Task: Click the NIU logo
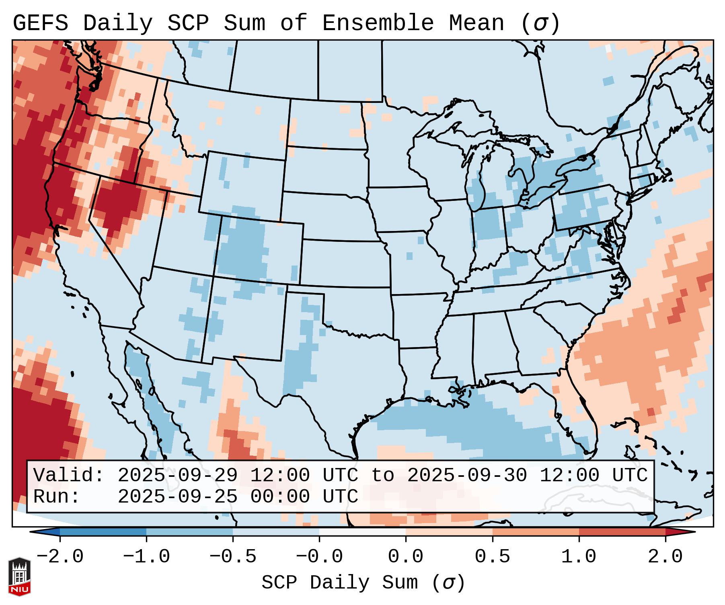[x=19, y=576]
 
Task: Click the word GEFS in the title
[x=40, y=23]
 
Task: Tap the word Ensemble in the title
[x=378, y=23]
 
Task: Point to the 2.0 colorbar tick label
[x=665, y=557]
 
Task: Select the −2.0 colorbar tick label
[x=60, y=557]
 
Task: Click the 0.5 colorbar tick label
[x=492, y=557]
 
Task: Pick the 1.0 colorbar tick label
[x=579, y=557]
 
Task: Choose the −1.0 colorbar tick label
[x=146, y=557]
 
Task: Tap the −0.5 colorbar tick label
[x=233, y=557]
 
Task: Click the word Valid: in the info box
[x=69, y=475]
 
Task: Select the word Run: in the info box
[x=57, y=497]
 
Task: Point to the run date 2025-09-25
[x=177, y=497]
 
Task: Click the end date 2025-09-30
[x=467, y=475]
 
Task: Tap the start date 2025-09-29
[x=177, y=475]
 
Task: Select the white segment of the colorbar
[x=362, y=531]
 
